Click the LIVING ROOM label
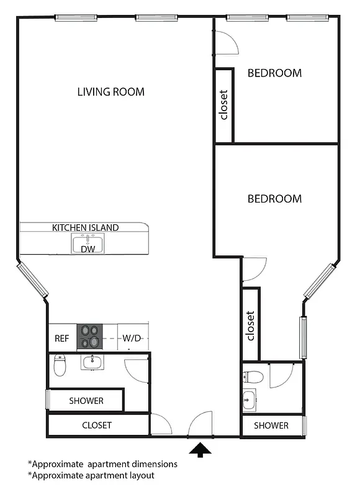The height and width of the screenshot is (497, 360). point(110,92)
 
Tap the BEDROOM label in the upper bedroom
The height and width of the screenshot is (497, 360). point(274,73)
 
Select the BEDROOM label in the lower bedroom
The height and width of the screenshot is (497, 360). point(274,199)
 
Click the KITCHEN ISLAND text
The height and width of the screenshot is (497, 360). point(85,228)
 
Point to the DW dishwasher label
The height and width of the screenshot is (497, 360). point(88,248)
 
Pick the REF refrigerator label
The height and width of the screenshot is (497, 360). point(61,339)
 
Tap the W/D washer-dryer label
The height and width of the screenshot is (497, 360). point(132,339)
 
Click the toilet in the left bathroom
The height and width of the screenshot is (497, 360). point(60,365)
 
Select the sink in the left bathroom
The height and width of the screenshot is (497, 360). point(92,362)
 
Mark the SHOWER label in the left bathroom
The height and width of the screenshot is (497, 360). point(86,401)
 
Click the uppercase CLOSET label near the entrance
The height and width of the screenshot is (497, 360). point(97,426)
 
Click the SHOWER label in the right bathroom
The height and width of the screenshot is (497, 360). point(271,426)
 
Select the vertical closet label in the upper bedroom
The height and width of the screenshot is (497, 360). point(224,104)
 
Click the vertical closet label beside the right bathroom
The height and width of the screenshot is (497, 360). point(251,326)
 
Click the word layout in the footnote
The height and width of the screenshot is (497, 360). point(140,475)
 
